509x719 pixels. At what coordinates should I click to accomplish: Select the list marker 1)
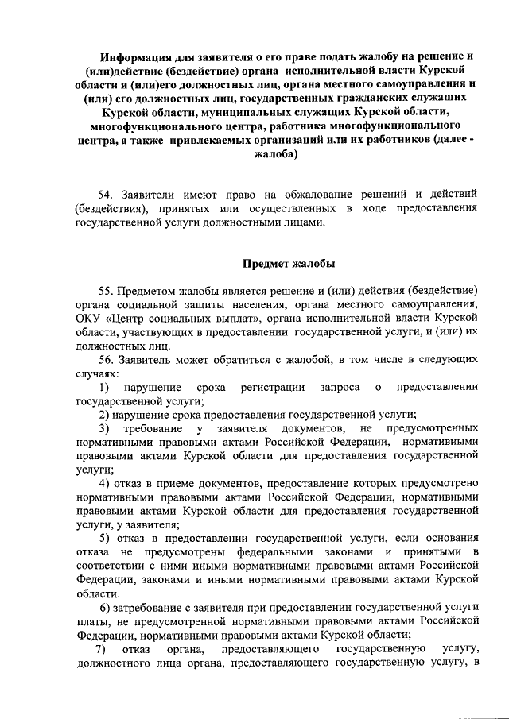pos(104,387)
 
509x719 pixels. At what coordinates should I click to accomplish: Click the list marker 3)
pos(104,429)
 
